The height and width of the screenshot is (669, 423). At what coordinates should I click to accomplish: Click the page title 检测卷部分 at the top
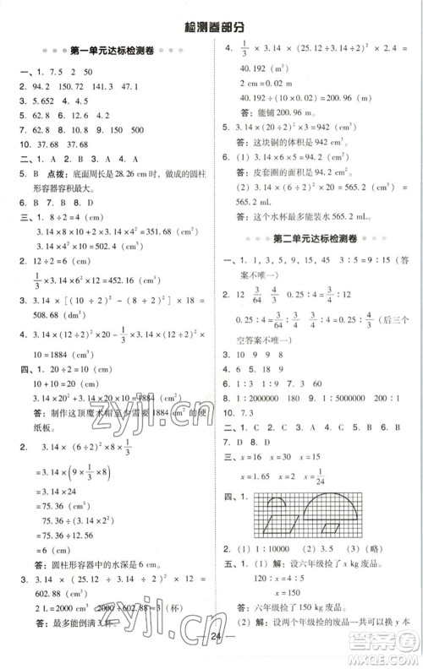211,28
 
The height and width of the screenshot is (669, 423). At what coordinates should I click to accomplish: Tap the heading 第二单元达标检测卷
317,238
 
